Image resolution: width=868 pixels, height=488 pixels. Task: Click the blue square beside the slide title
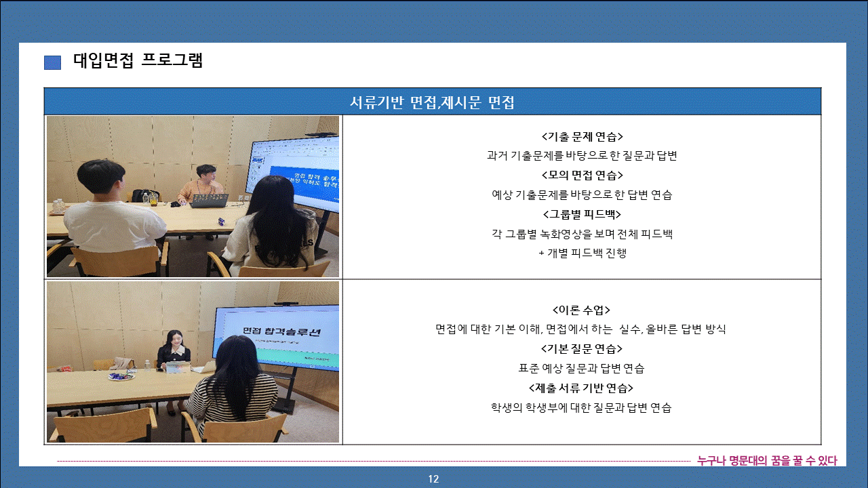[x=52, y=62]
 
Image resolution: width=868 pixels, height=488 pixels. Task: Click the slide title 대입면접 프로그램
[x=138, y=60]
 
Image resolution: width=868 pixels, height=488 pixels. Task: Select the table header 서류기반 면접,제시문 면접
[x=432, y=102]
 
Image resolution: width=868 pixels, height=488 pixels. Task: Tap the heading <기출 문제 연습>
[x=582, y=137]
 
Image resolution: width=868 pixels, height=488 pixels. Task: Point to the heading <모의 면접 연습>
[x=582, y=176]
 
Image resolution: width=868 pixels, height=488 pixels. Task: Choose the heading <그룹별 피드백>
[x=582, y=214]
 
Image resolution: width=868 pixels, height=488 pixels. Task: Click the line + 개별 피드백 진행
[x=583, y=253]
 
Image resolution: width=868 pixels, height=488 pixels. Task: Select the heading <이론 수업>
[x=581, y=310]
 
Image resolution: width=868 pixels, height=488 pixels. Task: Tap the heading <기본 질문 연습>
[x=582, y=348]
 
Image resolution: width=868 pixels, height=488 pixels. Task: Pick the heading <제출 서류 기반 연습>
[x=581, y=388]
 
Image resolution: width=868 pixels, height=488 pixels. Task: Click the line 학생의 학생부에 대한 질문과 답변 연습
[x=581, y=407]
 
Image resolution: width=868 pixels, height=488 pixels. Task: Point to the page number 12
[x=433, y=479]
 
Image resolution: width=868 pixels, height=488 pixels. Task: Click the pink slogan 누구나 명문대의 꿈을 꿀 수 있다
[x=767, y=460]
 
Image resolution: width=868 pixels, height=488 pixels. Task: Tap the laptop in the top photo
[x=210, y=200]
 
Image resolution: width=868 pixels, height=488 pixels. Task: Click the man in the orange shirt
[x=201, y=185]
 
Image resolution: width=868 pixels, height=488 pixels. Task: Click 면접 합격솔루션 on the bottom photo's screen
[x=281, y=331]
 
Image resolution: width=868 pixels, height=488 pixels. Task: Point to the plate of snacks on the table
[x=121, y=375]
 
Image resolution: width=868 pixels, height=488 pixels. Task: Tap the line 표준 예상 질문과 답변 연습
[x=581, y=368]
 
